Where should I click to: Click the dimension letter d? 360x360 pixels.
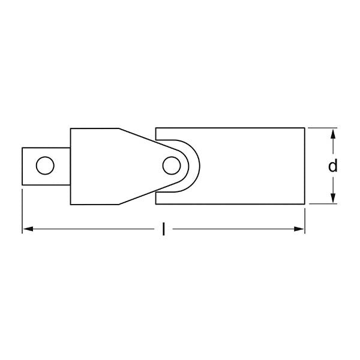333,166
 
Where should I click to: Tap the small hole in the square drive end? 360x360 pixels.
43,166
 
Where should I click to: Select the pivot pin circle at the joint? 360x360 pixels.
172,165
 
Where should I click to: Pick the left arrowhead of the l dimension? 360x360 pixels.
28,229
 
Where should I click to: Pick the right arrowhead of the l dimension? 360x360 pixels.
300,229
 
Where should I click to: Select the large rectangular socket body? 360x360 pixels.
252,166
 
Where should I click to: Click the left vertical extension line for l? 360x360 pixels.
23,210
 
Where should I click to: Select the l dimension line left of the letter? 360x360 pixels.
90,229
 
